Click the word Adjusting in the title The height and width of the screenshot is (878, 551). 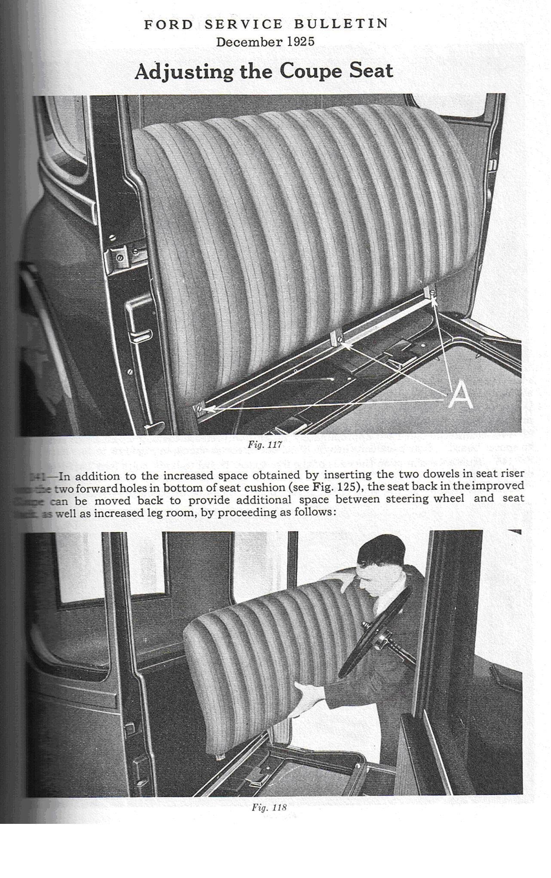coord(184,72)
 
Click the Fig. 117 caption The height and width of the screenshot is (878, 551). coord(265,445)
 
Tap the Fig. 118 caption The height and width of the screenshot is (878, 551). coord(269,807)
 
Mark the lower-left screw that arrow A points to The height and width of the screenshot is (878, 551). coord(200,408)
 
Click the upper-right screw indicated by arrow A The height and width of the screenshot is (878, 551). coord(433,294)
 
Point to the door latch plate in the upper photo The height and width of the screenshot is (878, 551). coord(121,257)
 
